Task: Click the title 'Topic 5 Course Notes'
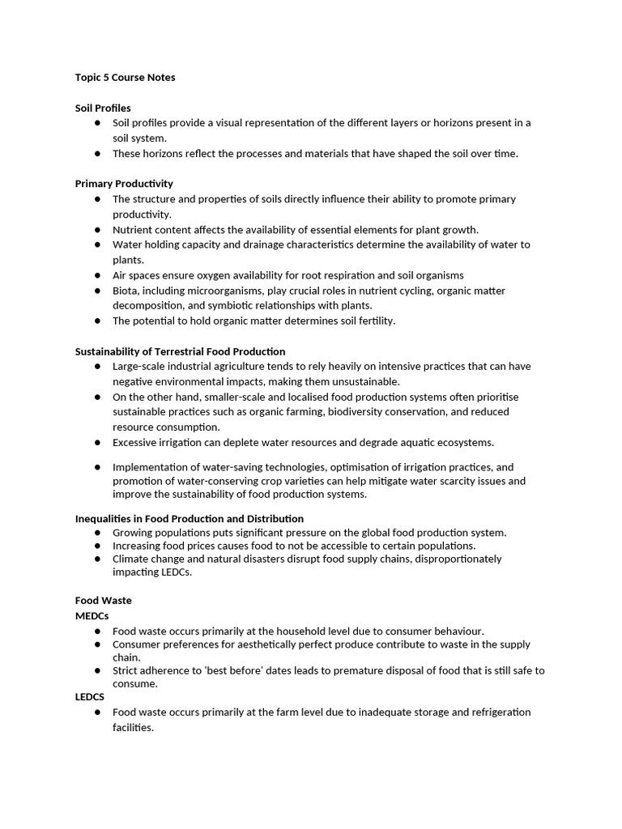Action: pos(125,78)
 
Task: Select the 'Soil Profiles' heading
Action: pos(103,108)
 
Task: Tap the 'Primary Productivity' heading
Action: pos(124,184)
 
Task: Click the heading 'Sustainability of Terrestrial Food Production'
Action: pos(180,351)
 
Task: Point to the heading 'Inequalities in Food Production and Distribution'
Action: pos(190,518)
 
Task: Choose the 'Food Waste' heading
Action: pos(103,601)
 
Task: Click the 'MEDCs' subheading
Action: pos(92,616)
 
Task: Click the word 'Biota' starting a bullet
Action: pos(126,291)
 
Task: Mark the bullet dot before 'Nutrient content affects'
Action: pos(97,230)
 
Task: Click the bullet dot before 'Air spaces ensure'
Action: pos(97,275)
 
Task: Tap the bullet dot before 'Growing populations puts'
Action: pos(97,533)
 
